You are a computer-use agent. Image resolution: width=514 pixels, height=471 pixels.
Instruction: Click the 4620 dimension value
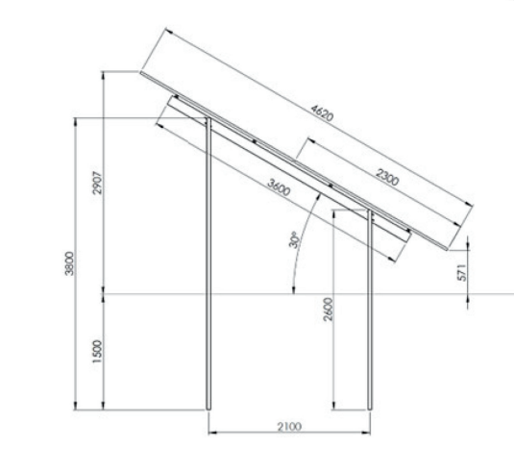[x=322, y=113]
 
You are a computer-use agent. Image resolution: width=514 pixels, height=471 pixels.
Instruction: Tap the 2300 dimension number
[x=387, y=177]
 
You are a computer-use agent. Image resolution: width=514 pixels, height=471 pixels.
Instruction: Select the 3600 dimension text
[x=279, y=187]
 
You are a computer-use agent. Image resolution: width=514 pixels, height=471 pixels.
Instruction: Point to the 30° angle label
[x=294, y=239]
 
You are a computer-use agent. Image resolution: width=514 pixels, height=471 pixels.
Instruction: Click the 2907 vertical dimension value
[x=98, y=183]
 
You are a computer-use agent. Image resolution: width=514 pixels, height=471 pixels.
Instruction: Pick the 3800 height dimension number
[x=69, y=263]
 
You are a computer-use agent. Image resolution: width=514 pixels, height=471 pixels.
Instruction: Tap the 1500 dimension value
[x=97, y=352]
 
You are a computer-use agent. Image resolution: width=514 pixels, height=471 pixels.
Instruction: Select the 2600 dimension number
[x=328, y=310]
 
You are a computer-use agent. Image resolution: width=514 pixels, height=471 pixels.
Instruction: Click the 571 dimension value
[x=461, y=272]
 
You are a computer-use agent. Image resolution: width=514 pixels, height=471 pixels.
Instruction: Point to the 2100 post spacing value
[x=289, y=427]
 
